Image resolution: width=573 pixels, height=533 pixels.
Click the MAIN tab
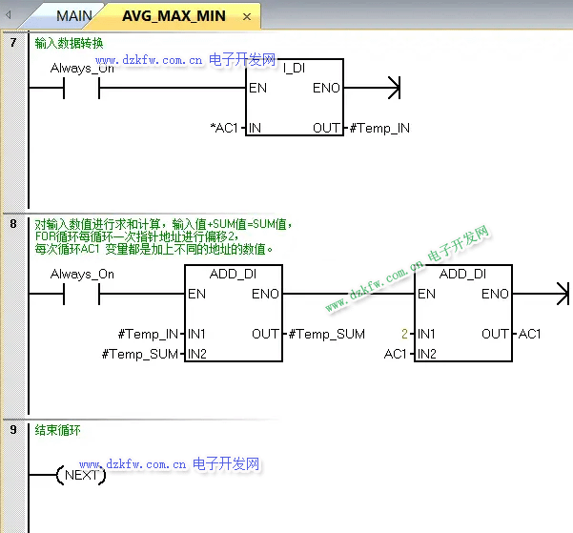click(x=73, y=16)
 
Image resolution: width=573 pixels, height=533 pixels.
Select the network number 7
click(x=12, y=43)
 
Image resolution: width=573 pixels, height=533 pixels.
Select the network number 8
click(x=12, y=224)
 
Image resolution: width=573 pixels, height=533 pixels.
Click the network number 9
click(x=12, y=430)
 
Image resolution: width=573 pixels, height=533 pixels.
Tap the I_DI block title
click(x=294, y=69)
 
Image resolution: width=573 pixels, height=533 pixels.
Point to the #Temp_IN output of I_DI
click(x=380, y=128)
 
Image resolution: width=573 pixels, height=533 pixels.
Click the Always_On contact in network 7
click(x=81, y=89)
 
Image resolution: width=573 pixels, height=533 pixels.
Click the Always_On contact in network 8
click(x=81, y=295)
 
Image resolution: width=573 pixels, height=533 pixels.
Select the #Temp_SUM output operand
click(x=326, y=334)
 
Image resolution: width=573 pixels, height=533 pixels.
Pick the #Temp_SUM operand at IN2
click(x=141, y=355)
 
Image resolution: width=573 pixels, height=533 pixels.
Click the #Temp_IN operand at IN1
click(x=148, y=334)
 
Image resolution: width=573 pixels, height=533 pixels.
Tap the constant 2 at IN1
click(x=405, y=334)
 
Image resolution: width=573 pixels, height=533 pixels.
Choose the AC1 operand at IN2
click(x=396, y=355)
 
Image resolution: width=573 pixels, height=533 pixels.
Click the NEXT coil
click(x=81, y=475)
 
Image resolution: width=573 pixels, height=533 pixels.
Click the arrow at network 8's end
click(x=558, y=295)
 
